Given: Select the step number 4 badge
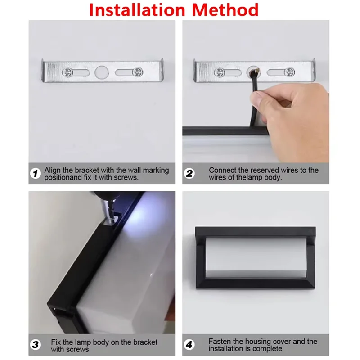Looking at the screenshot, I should pos(190,345).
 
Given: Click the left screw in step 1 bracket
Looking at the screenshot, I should pos(67,72).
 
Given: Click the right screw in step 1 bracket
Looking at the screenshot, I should pos(139,72).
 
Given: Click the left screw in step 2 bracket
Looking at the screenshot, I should pos(219,72).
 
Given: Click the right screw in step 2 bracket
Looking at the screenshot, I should pos(290,72).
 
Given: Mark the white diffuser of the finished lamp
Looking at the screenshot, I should pos(255,258).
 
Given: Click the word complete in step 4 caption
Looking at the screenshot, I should pos(268,349).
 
